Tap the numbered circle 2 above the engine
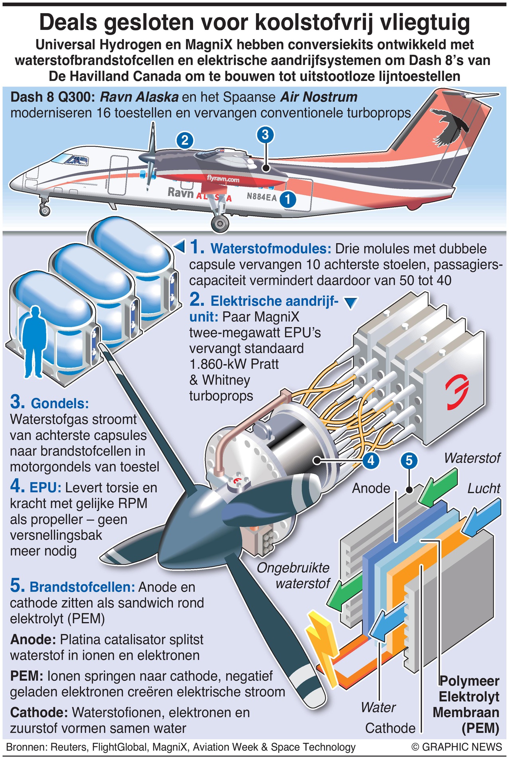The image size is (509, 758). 184,140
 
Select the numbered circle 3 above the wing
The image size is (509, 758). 265,135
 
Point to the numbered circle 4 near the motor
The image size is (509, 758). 371,460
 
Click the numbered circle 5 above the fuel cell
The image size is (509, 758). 409,461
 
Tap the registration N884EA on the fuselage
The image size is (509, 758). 261,196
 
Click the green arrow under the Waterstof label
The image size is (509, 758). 438,487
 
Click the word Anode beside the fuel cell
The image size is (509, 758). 371,488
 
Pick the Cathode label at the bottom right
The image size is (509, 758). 390,728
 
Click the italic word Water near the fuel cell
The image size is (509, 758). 378,707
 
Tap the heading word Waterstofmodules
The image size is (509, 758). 271,249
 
